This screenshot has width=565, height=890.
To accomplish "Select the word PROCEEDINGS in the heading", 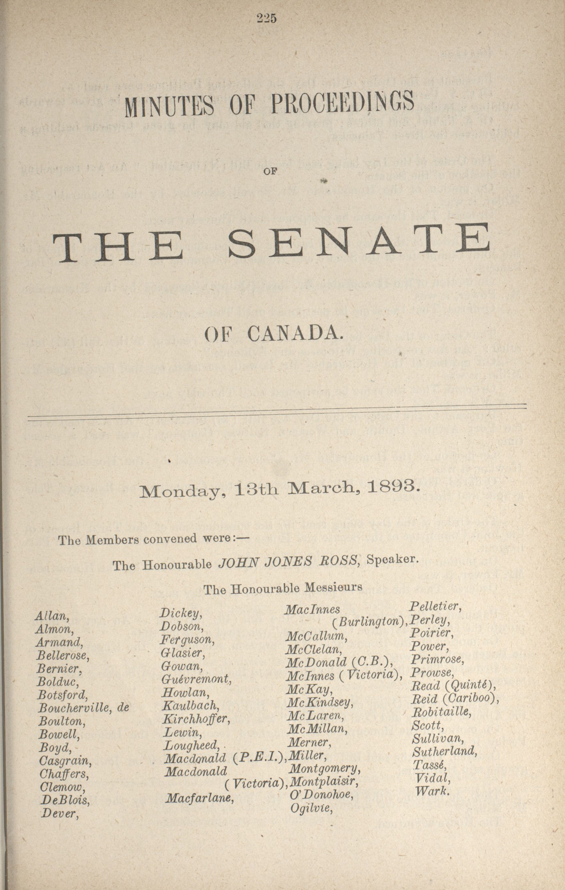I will click(x=343, y=103).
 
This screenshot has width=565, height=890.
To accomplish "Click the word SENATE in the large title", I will click(x=359, y=242).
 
